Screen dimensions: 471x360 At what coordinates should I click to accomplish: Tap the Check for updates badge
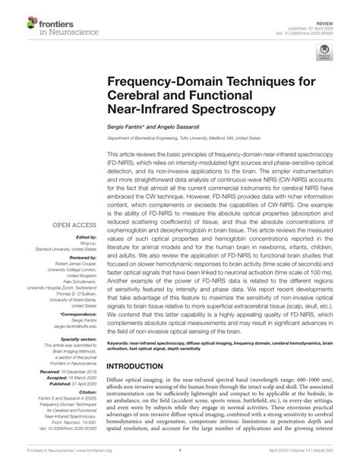pos(324,52)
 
